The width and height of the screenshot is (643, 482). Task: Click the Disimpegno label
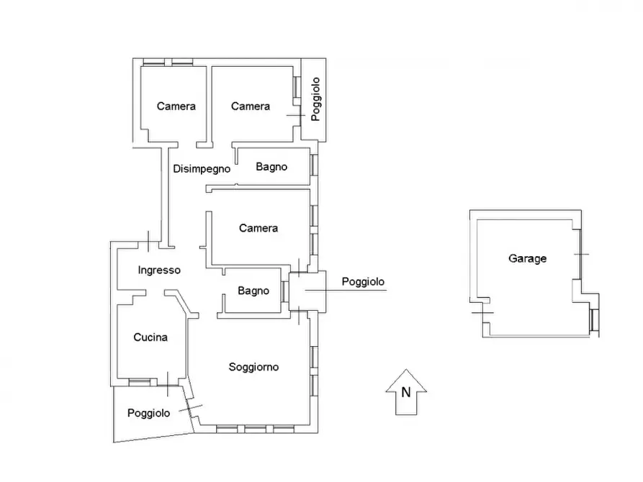[202, 169]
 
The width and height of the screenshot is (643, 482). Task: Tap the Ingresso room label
[159, 270]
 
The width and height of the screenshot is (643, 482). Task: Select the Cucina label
[150, 337]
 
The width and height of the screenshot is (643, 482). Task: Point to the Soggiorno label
[253, 367]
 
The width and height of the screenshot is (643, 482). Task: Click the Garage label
[527, 258]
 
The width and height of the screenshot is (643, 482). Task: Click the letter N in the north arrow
[406, 392]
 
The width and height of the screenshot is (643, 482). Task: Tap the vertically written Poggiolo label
[315, 99]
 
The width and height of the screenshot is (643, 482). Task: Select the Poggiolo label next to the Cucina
[148, 413]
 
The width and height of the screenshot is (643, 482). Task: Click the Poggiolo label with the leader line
[363, 281]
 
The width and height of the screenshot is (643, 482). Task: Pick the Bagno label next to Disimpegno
[271, 167]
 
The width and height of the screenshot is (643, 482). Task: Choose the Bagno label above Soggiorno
[253, 291]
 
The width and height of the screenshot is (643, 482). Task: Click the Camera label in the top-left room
[176, 106]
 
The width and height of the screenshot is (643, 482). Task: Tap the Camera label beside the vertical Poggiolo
[250, 106]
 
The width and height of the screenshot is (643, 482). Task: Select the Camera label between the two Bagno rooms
[258, 228]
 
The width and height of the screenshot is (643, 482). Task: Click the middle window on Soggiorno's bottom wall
[255, 429]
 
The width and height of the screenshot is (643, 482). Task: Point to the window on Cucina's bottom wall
[140, 383]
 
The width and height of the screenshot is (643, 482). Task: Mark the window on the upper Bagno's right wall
[314, 165]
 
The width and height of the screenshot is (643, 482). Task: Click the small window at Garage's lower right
[594, 320]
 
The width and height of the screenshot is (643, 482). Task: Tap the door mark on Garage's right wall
[581, 255]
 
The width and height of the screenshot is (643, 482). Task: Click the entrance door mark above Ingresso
[148, 242]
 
